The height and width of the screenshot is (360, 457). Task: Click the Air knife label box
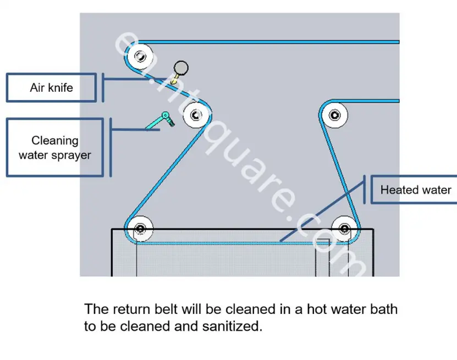point(51,87)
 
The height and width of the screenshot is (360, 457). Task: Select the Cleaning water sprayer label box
point(55,147)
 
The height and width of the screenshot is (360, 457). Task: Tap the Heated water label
point(415,190)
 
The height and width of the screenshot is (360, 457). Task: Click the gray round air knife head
point(181,68)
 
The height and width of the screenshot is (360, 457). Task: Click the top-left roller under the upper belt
point(140,56)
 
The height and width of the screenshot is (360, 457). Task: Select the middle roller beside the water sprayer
point(196,115)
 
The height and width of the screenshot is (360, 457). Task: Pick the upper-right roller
point(334,115)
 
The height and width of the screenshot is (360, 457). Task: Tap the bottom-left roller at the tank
point(140,229)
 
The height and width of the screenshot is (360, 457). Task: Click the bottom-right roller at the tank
point(345,229)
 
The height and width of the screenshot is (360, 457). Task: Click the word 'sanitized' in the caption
point(232,326)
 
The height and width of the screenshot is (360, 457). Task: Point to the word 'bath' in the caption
point(383,309)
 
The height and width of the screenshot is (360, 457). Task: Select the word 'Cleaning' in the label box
point(55,141)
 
